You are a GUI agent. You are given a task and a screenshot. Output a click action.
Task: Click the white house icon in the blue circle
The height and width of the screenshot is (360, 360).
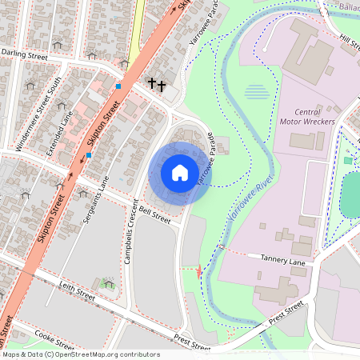point(180,172)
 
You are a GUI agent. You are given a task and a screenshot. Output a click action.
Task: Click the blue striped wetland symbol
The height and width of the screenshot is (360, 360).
point(256,92)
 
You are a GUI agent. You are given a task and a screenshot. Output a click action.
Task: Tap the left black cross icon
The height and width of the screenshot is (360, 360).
point(151,83)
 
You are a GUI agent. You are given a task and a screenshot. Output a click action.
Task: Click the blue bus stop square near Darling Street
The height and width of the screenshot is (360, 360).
point(118,86)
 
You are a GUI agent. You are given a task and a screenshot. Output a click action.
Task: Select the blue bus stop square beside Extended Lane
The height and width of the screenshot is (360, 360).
point(88,155)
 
